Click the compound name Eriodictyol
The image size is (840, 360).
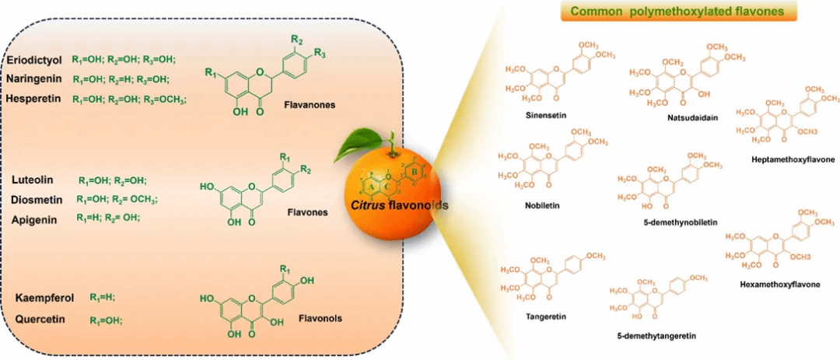[x=34, y=60]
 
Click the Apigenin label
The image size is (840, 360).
[x=33, y=219]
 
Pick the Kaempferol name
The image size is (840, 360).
[x=44, y=299]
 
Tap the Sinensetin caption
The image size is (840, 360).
[x=545, y=114]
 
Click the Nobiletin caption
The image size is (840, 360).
[x=541, y=207]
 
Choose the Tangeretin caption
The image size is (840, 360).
[x=545, y=316]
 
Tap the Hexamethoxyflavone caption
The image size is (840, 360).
[x=781, y=284]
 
